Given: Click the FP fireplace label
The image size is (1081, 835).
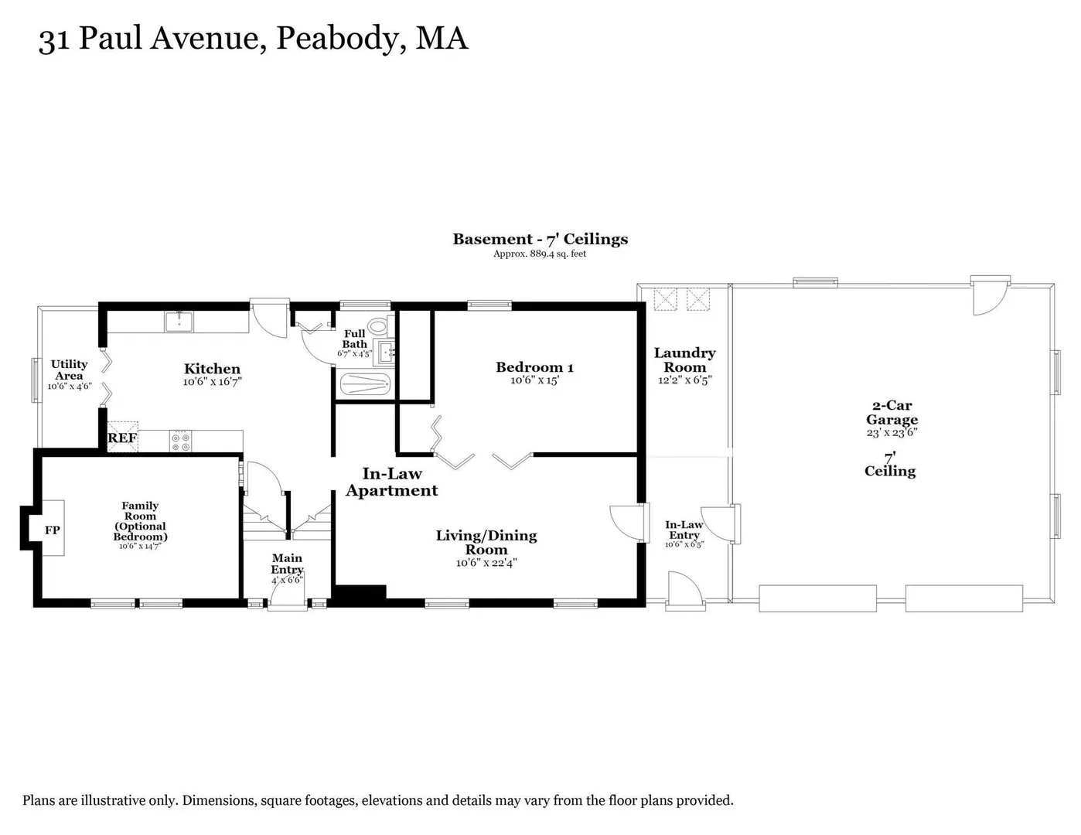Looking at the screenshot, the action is [53, 530].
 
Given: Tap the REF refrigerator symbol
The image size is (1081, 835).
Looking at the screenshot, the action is [122, 437].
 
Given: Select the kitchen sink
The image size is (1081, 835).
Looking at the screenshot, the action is [179, 322].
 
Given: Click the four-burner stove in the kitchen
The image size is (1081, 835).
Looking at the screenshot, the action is [180, 441].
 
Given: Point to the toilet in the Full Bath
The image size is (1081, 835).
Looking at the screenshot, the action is [378, 326].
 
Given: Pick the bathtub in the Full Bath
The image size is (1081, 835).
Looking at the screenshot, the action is [365, 385].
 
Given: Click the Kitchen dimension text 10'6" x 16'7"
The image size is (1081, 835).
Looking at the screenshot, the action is [213, 382].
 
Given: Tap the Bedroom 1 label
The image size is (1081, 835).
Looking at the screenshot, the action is [535, 367].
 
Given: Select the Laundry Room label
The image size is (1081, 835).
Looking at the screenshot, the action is [684, 360].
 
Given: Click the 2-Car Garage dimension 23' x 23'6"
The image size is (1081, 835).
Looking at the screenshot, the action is [892, 432].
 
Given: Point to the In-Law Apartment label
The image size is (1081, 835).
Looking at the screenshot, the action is [392, 482].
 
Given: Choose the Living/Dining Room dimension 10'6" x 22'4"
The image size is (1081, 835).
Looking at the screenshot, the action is [486, 563].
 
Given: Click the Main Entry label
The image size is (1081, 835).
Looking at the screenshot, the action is [287, 564].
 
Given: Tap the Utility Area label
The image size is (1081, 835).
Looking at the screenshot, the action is [69, 370].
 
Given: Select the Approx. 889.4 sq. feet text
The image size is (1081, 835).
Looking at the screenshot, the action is [540, 254].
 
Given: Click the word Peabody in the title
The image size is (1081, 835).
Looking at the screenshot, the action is [338, 39].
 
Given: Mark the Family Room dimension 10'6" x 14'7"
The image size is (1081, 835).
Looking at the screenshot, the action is [140, 546].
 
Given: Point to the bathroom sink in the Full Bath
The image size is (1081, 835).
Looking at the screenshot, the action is [386, 353].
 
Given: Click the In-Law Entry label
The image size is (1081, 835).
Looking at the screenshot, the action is [684, 530].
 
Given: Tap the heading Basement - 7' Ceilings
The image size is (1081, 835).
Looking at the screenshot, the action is [540, 239].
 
